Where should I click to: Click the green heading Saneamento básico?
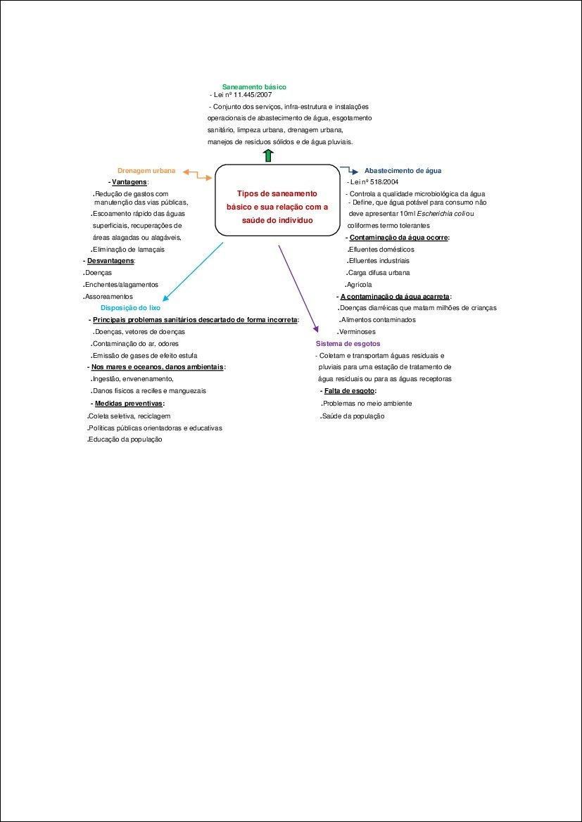254,86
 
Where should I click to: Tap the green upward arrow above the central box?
268,155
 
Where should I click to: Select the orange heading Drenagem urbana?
146,171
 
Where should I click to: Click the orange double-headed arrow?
197,174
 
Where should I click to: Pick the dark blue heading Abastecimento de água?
403,171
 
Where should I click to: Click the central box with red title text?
277,200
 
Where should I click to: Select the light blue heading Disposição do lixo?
130,308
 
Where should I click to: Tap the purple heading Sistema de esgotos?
348,344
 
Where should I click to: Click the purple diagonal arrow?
298,288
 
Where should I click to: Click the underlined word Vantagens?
125,182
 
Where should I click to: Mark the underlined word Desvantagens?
110,261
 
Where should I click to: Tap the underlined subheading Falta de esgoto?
350,391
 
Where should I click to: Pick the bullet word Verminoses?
357,332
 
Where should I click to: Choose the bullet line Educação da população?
125,439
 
